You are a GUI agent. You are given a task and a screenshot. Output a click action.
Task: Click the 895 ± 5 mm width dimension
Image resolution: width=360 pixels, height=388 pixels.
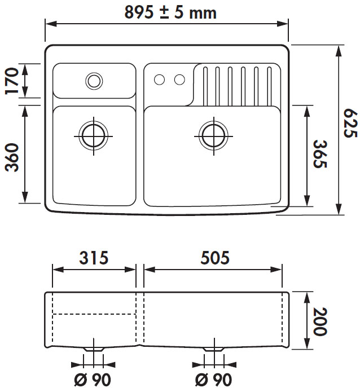tap(170, 12)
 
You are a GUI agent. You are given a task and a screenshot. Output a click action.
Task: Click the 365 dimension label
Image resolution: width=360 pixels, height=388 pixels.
tap(320, 155)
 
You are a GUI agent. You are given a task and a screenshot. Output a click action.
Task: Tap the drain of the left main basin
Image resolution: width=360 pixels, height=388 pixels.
tap(94, 134)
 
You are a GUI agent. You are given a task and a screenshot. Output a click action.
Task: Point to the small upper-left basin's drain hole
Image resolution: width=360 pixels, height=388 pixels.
tap(94, 81)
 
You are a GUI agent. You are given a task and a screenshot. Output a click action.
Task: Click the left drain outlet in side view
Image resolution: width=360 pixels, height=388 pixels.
tap(94, 350)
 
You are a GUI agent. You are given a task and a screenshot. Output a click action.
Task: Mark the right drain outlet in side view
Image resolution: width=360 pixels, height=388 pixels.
tap(213, 350)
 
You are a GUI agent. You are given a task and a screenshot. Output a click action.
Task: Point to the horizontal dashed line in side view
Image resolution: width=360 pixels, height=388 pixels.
tap(94, 314)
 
